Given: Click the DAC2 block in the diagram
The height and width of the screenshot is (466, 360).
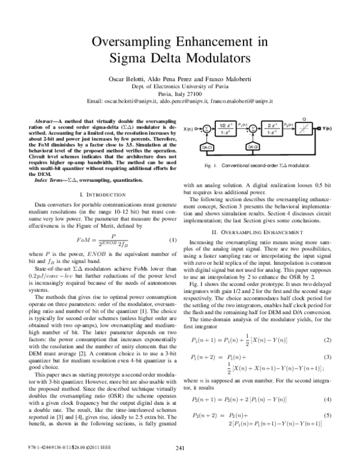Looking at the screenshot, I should (x=253, y=147).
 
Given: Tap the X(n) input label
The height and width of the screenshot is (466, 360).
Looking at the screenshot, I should (x=189, y=129).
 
